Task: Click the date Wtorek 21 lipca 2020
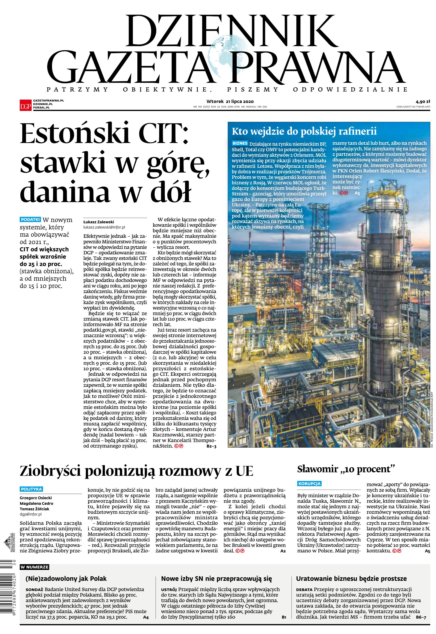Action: pos(230,101)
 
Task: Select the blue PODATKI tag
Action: pos(30,219)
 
